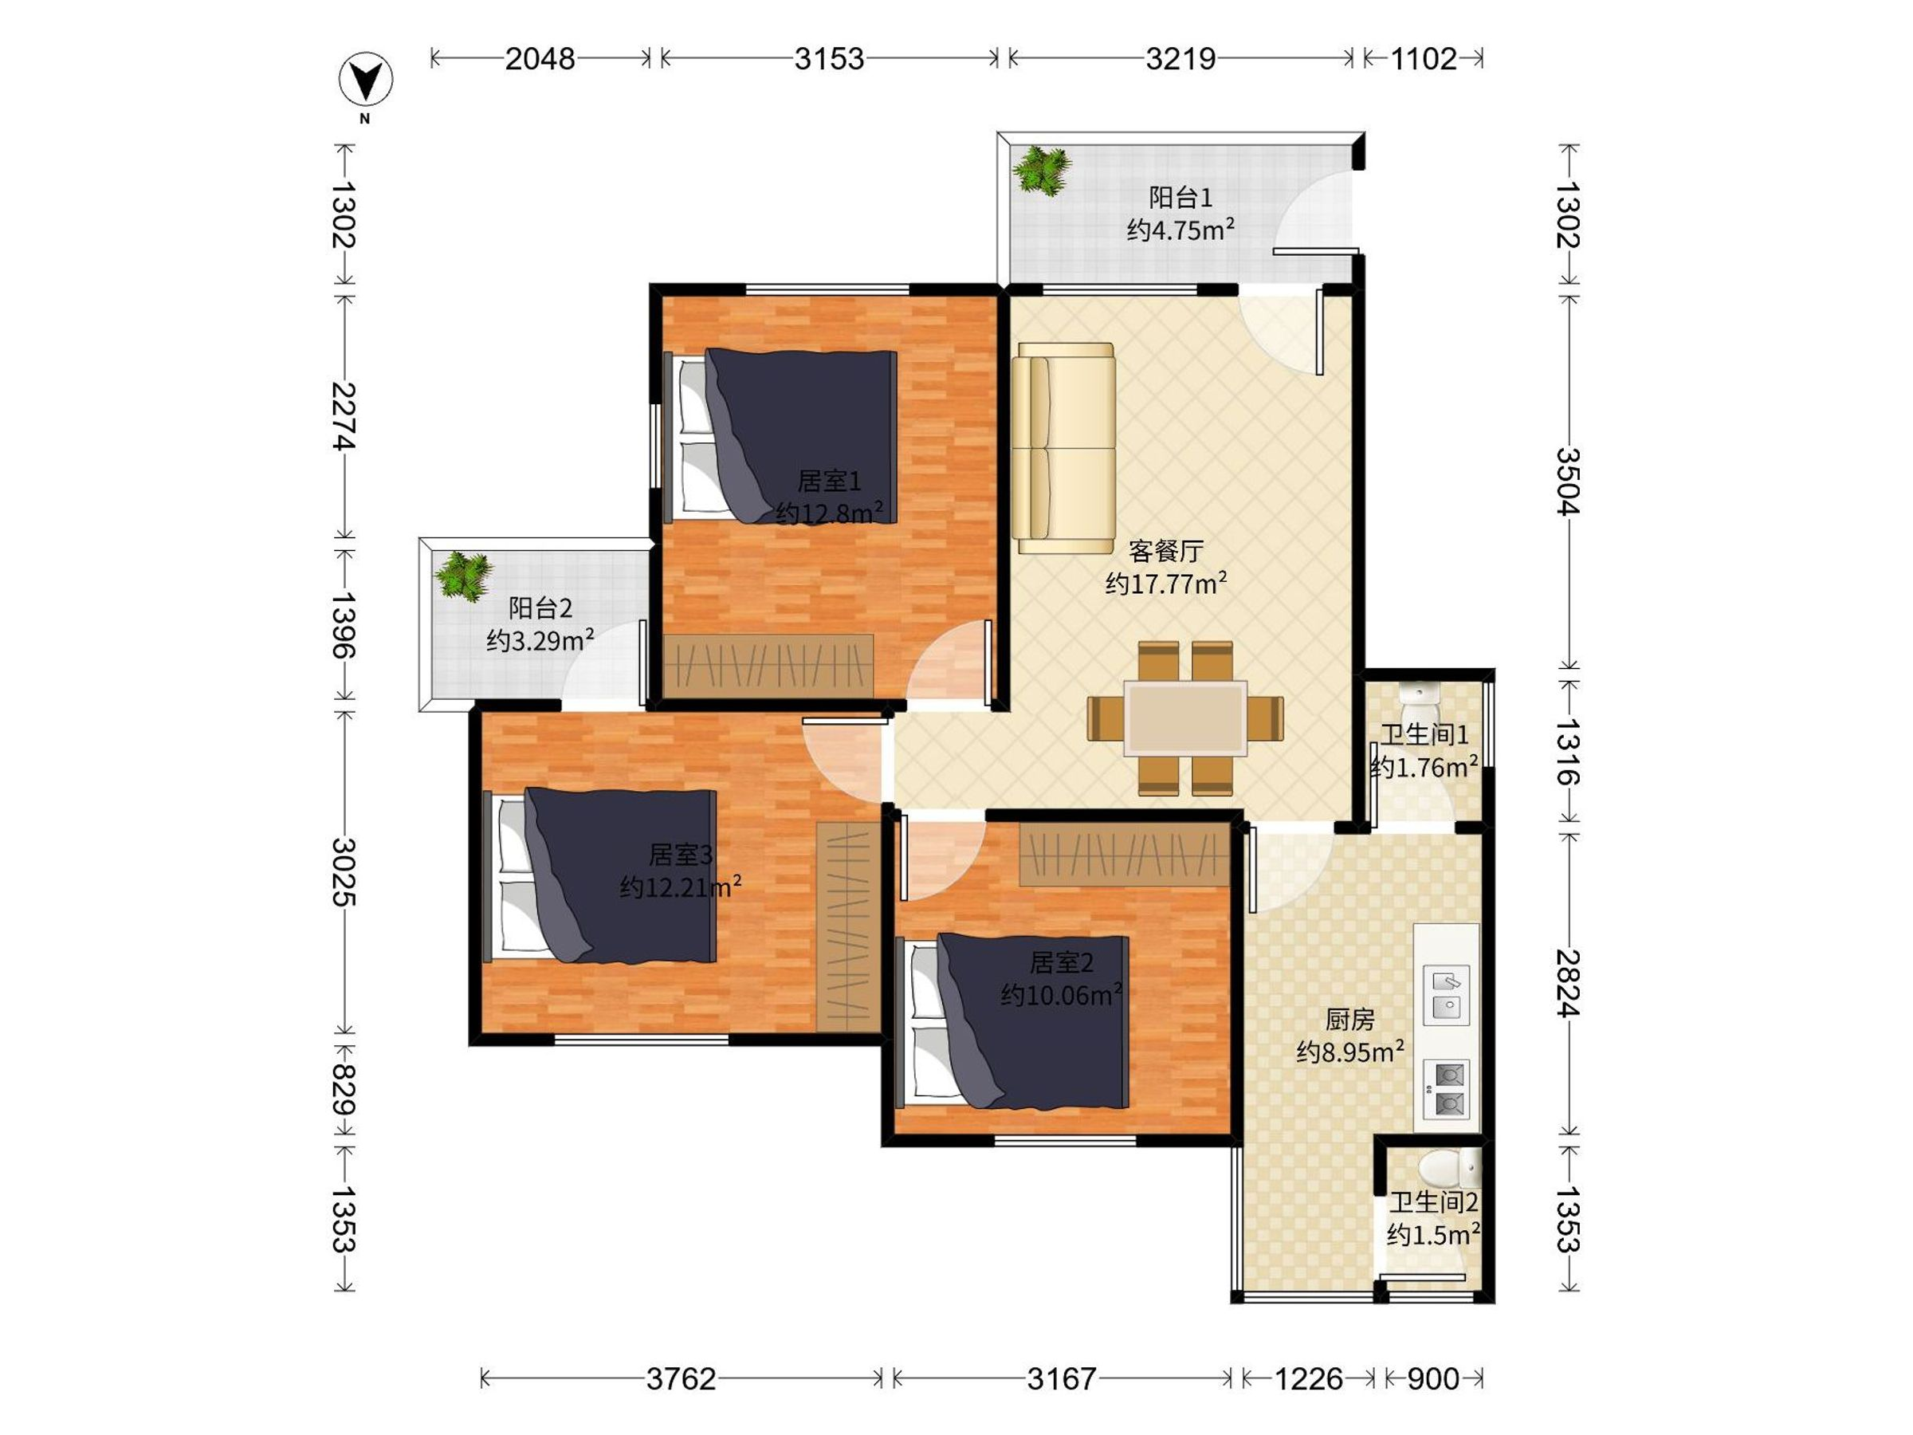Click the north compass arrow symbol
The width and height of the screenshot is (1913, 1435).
point(365,81)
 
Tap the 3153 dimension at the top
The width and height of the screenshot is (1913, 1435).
point(828,59)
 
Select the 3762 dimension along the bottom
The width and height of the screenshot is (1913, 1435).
point(681,1378)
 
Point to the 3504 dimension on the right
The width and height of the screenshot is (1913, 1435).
point(1568,482)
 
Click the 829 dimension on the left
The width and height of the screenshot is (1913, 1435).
point(344,1090)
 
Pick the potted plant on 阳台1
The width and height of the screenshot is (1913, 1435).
point(1043,171)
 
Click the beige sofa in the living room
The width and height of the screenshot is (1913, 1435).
point(1063,448)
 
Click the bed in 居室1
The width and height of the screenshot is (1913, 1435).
point(780,436)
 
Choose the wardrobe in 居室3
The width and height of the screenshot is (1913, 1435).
point(848,926)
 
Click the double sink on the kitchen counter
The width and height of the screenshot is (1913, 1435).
point(1446,995)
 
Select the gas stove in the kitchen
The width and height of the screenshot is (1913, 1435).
point(1446,1089)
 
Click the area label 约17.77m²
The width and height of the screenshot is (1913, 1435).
point(1166,583)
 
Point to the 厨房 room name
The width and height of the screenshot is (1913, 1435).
point(1349,1020)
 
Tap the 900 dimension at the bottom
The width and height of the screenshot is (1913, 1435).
point(1433,1378)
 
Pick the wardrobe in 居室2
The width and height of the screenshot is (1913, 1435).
point(1124,854)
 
